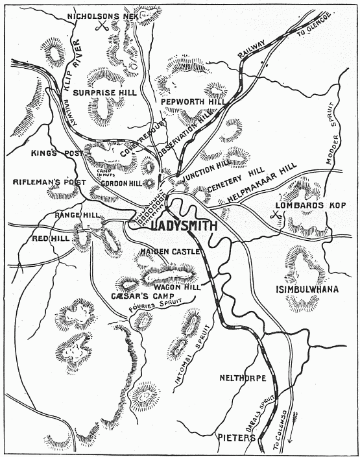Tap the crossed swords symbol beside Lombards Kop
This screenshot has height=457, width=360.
(278, 213)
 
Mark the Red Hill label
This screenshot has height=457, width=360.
(51, 239)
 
